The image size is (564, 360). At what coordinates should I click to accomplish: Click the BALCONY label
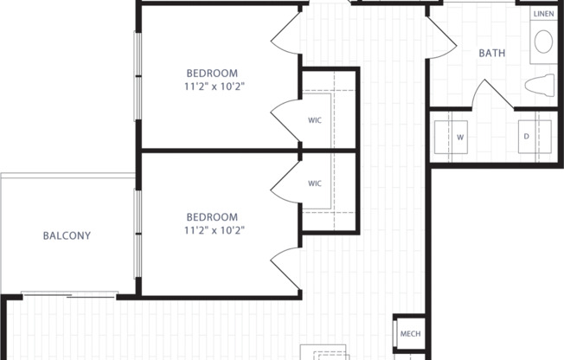pos(67,235)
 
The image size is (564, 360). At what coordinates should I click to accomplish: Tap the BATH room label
pos(492,53)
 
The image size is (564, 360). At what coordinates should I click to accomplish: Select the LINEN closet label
pos(543,15)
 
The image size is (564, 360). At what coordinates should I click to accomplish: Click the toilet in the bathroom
pos(542,85)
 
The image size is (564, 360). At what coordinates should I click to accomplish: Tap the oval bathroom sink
pos(544,42)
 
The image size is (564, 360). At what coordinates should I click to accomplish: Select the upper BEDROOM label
pos(213,73)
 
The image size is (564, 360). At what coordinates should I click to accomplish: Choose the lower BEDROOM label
pos(213,216)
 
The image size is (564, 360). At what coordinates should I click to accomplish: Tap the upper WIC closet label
pos(315,119)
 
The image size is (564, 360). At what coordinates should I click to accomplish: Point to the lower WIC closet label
pos(315,183)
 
